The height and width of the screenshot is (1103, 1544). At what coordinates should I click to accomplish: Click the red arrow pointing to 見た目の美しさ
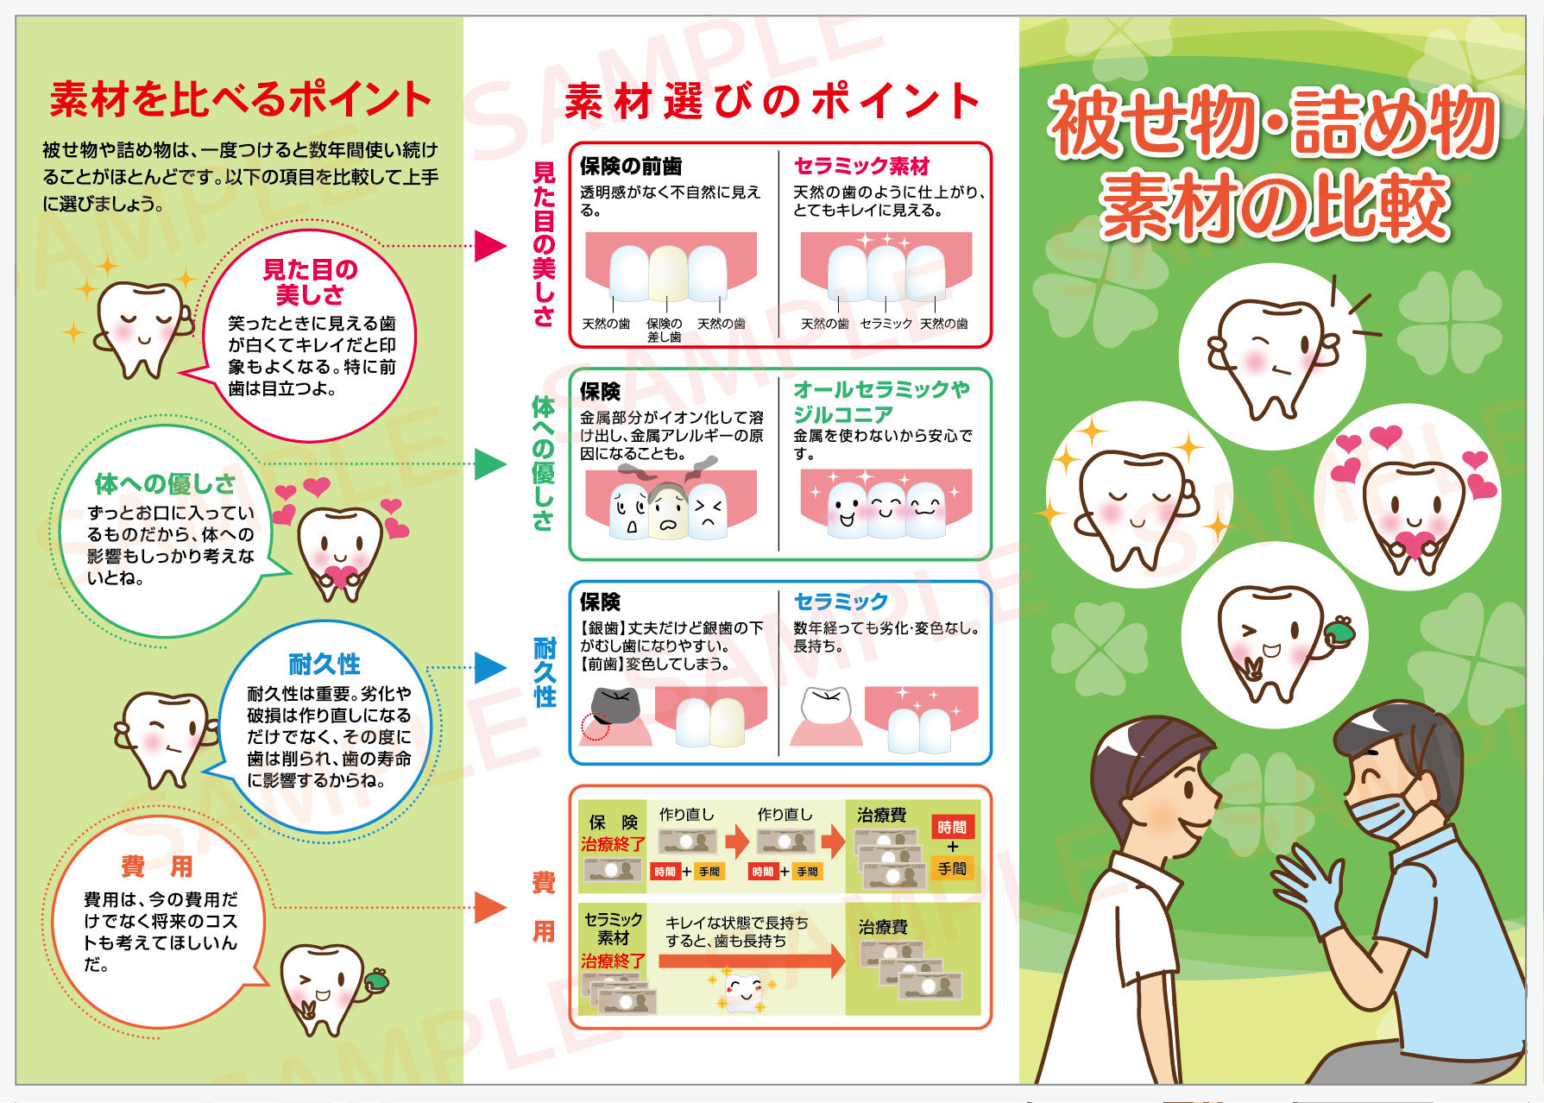click(489, 246)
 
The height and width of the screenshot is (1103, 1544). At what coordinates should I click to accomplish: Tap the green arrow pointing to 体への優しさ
click(489, 464)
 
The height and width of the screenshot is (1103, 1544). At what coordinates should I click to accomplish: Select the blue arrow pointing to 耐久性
click(489, 667)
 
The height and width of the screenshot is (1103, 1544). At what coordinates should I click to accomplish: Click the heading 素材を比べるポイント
click(240, 99)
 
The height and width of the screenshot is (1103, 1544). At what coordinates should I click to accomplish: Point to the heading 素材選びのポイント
click(772, 101)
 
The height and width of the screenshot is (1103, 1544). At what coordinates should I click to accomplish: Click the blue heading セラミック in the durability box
click(841, 601)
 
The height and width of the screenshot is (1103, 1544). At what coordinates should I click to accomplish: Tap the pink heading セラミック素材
click(861, 166)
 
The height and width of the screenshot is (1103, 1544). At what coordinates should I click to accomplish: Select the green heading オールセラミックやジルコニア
click(881, 401)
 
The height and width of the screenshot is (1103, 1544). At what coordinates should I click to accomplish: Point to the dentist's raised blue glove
click(1308, 889)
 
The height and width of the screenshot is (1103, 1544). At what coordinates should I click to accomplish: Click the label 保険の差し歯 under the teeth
click(664, 331)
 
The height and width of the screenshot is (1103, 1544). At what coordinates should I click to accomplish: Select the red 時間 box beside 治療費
click(952, 827)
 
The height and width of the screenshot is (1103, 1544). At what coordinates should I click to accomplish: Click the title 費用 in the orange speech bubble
click(156, 867)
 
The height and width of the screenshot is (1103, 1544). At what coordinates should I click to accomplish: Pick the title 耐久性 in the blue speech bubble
click(324, 665)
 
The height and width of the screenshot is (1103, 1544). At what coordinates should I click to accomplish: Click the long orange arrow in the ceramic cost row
click(752, 961)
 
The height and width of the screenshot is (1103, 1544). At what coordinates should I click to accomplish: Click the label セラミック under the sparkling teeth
click(885, 324)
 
